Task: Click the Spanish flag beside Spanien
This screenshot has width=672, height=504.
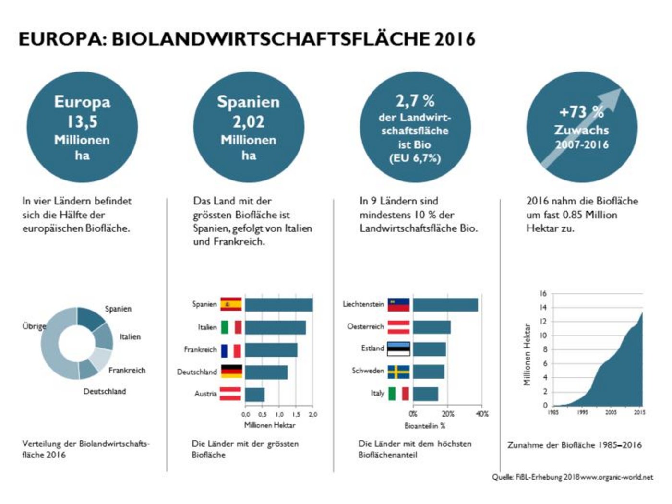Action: click(231, 304)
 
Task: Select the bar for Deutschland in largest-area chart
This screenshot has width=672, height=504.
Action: click(266, 372)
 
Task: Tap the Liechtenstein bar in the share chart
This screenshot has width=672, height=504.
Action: click(445, 305)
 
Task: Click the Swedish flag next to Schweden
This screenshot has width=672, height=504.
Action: click(398, 372)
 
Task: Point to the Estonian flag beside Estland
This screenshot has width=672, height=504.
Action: click(398, 348)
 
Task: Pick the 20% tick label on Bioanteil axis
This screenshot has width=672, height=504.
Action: click(447, 414)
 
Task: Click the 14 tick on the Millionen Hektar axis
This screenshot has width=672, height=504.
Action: click(543, 308)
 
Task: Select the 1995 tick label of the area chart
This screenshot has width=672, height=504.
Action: click(582, 412)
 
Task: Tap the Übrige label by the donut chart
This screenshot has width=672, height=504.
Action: click(34, 326)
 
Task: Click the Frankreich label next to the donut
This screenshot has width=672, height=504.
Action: click(127, 370)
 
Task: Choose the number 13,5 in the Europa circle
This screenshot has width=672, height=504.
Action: click(82, 122)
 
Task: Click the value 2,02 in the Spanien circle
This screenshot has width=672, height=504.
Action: click(248, 122)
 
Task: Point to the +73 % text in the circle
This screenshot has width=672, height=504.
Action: click(581, 112)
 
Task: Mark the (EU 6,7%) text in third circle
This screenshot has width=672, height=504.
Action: click(415, 158)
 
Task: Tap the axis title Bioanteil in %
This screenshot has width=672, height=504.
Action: click(425, 426)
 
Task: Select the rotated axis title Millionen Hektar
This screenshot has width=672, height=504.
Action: click(528, 354)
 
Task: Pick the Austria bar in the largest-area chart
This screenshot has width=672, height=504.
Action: click(254, 395)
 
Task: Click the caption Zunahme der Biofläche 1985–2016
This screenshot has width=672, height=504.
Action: click(574, 445)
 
